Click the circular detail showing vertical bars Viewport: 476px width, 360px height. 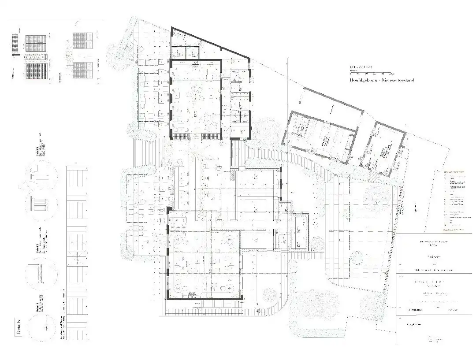(43, 205)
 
